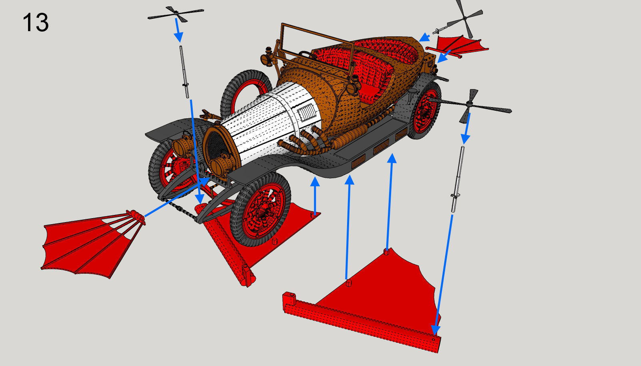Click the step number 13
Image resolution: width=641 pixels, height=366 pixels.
(36, 22)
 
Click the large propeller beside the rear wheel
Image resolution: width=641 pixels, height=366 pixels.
(470, 105)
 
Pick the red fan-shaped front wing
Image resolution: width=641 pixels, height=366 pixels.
(88, 244)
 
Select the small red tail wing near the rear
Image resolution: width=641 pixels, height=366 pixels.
(460, 44)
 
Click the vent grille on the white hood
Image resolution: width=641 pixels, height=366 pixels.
(307, 112)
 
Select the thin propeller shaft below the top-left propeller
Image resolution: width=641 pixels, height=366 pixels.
(184, 72)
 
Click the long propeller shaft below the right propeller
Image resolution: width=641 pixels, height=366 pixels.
(458, 180)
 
